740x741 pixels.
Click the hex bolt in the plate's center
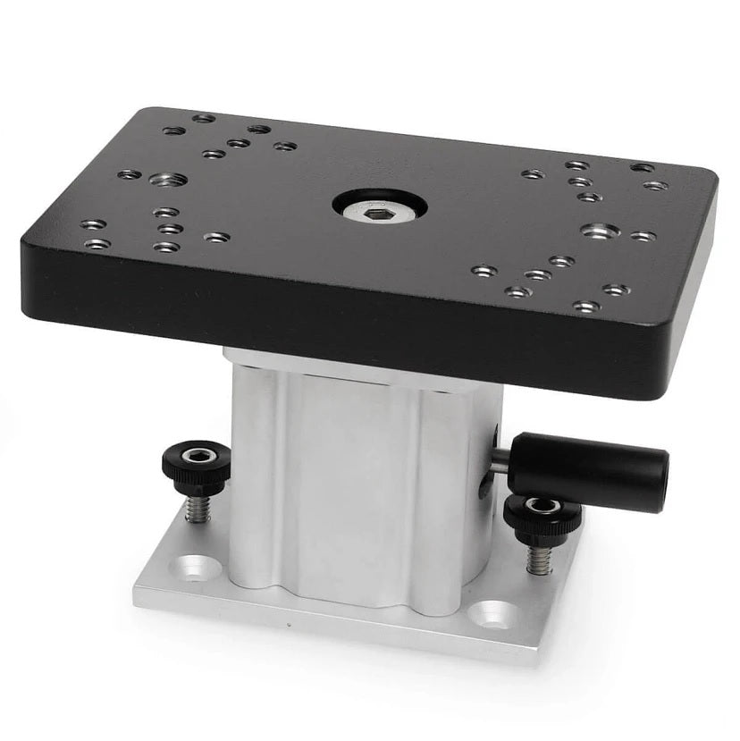tap(379, 207)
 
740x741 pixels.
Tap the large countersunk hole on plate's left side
tap(169, 180)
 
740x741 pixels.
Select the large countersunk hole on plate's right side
tap(600, 231)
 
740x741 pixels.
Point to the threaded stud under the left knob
tap(198, 509)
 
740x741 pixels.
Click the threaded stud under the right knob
tap(539, 559)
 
